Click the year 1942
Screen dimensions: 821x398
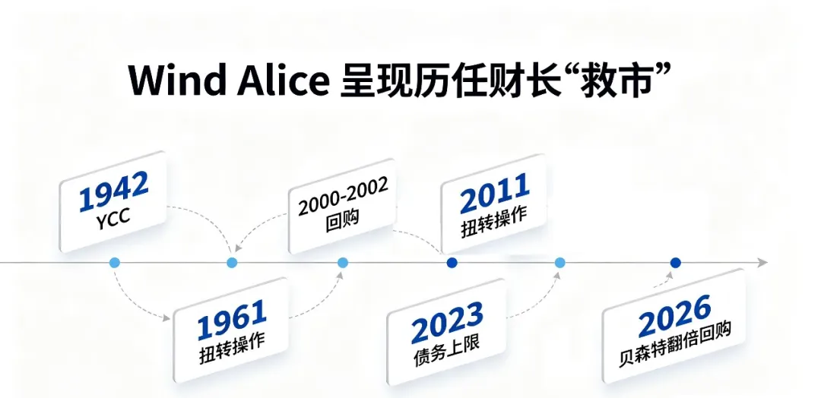[x=113, y=191]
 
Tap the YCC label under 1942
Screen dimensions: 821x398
[x=113, y=220]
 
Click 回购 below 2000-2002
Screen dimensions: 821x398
[x=342, y=220]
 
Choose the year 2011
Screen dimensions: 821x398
[x=494, y=194]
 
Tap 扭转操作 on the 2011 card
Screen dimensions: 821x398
[x=494, y=223]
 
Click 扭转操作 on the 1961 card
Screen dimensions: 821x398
[x=232, y=348]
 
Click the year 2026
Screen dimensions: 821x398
[x=674, y=316]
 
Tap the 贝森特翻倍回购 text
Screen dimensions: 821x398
[x=674, y=343]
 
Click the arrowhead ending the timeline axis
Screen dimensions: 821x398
[x=763, y=263]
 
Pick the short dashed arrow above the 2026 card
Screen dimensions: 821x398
[x=662, y=283]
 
